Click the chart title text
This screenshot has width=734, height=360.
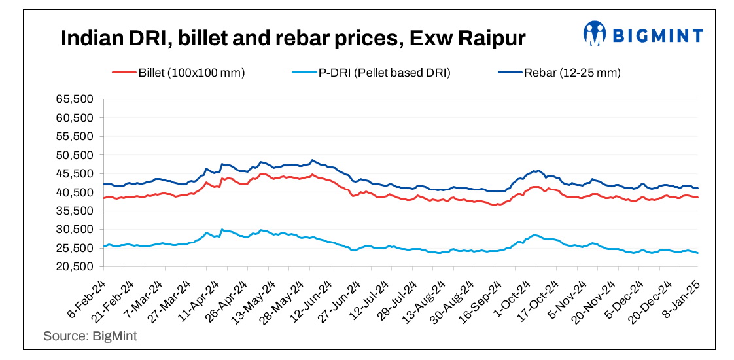[x=293, y=39]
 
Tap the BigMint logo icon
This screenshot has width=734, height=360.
[x=595, y=34]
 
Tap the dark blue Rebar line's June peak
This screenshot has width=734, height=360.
[x=312, y=160]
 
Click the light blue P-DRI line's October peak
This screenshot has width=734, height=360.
[x=535, y=235]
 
